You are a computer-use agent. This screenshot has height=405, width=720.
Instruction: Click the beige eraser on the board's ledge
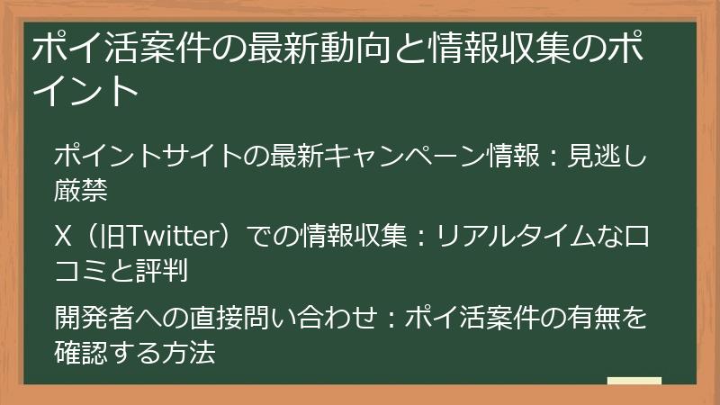pos(634,382)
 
